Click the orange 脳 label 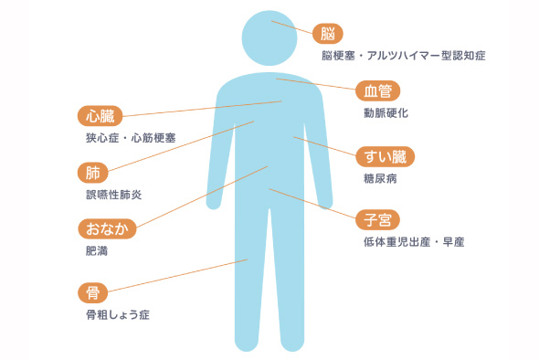pos(328,34)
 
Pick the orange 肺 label pos(93,172)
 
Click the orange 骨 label pos(93,292)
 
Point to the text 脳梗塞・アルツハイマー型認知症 pos(402,56)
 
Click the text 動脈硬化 pos(386,114)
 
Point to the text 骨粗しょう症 pos(117,315)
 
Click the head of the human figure pos(269,38)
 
